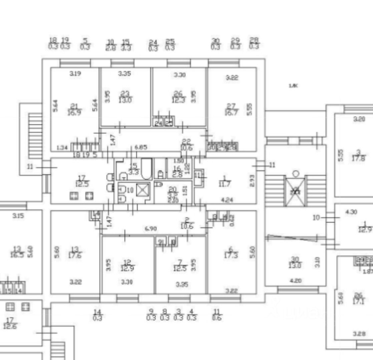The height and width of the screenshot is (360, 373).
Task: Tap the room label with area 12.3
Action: pyautogui.click(x=177, y=97)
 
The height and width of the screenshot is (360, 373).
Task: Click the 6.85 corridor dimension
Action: pyautogui.click(x=141, y=147)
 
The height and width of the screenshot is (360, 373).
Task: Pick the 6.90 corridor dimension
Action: pyautogui.click(x=150, y=229)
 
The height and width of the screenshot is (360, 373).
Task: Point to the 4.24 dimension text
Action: pyautogui.click(x=227, y=201)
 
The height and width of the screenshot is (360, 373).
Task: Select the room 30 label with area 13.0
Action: pyautogui.click(x=295, y=262)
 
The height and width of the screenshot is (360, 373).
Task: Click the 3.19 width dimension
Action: pyautogui.click(x=75, y=74)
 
